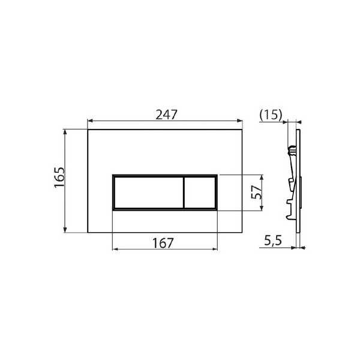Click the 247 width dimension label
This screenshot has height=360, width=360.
click(x=166, y=115)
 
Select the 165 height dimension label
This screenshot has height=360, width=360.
click(x=59, y=177)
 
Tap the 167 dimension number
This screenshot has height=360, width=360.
click(x=163, y=243)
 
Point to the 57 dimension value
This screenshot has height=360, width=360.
click(x=256, y=192)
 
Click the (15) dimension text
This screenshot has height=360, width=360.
click(x=271, y=115)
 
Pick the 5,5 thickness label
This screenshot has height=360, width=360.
click(x=273, y=241)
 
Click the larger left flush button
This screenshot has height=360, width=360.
click(x=149, y=193)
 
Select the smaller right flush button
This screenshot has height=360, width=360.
click(x=200, y=193)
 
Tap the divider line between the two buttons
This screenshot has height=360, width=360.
click(x=184, y=193)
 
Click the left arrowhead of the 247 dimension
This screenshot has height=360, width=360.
click(x=90, y=121)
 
